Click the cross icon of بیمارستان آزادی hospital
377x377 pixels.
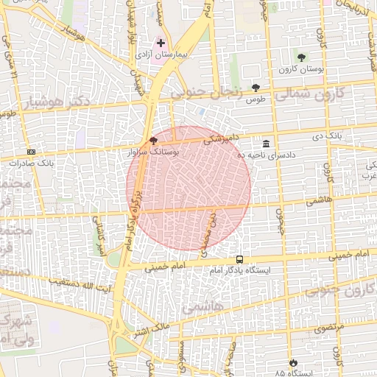161,44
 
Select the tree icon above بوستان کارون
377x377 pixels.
300,57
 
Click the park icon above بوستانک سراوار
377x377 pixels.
153,139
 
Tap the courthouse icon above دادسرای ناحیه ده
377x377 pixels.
265,144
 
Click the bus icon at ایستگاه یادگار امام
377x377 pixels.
240,259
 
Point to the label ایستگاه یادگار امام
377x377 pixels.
239,271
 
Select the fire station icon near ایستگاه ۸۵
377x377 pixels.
294,363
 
